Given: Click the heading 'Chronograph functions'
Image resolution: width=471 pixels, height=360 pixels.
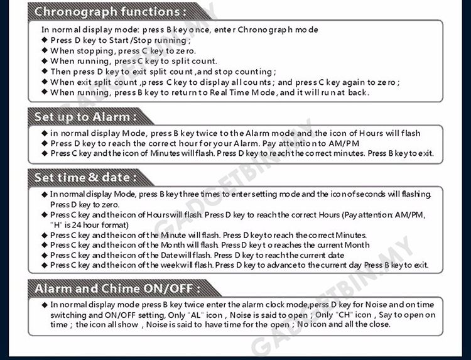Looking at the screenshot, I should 110,11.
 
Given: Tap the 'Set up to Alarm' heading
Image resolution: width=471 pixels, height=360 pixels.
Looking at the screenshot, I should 85,117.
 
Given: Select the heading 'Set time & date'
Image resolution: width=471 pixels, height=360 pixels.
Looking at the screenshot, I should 85,178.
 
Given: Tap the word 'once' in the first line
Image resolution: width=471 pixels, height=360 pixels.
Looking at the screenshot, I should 199,30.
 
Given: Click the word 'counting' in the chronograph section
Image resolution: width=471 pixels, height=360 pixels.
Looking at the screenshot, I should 254,72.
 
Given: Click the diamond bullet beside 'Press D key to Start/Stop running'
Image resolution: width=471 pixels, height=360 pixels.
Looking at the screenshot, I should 45,40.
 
